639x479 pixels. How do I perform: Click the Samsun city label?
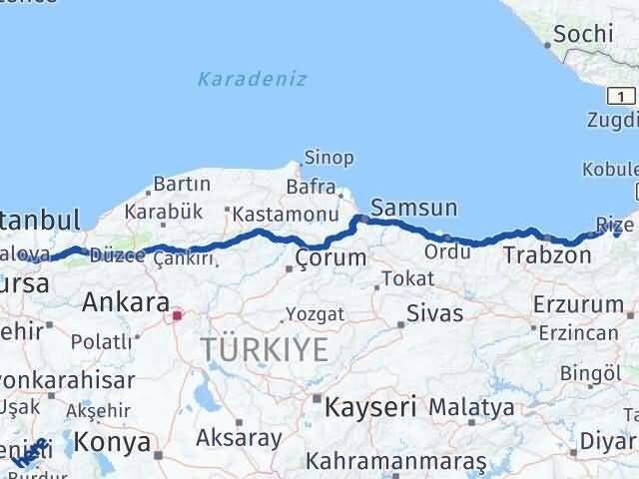413,209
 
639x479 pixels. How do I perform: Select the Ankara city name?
126,300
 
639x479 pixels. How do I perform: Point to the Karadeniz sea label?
252,79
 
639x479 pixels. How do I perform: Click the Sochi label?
583,33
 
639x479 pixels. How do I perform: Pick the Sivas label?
434,313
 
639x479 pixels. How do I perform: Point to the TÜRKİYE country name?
264,349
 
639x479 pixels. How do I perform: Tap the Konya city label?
115,441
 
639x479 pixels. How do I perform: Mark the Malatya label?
471,407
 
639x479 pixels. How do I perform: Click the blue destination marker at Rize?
617,232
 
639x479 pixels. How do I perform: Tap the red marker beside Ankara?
177,316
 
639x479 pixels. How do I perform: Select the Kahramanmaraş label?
396,462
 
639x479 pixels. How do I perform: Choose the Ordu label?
447,250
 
